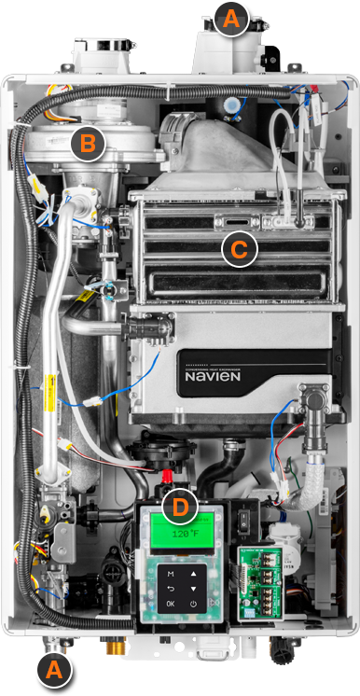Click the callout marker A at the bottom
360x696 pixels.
pyautogui.click(x=52, y=669)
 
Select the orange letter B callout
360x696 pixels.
pyautogui.click(x=87, y=145)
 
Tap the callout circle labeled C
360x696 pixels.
pyautogui.click(x=239, y=249)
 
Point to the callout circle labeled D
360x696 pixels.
pyautogui.click(x=180, y=508)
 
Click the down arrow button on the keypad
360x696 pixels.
pyautogui.click(x=193, y=590)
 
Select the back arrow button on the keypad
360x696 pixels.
pyautogui.click(x=169, y=590)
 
